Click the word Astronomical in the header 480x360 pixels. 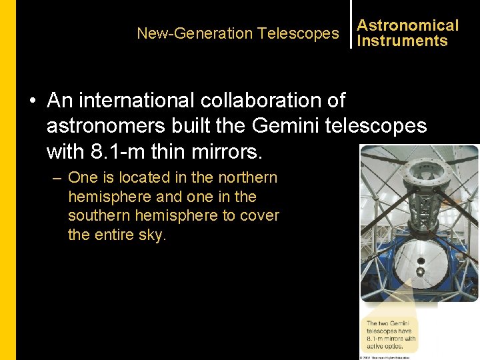407,25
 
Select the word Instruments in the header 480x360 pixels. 402,41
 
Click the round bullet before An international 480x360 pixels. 32,101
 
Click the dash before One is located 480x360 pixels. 59,178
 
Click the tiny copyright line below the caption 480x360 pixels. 390,357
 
